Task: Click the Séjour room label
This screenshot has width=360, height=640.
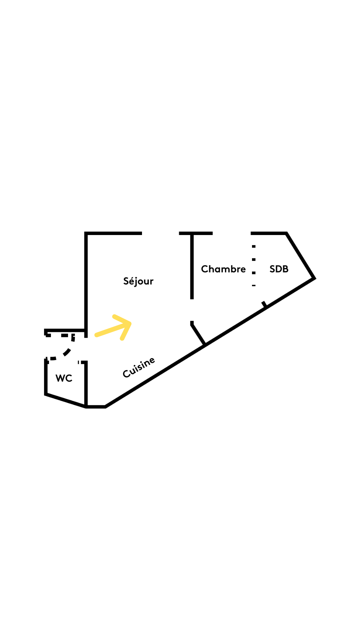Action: pos(138,281)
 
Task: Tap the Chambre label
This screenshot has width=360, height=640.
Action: pos(223,269)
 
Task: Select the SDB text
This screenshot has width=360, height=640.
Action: pos(279,269)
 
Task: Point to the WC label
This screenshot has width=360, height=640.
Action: pos(64,378)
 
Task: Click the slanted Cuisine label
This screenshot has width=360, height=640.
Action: pos(139,367)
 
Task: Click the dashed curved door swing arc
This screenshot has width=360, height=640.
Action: pos(67,352)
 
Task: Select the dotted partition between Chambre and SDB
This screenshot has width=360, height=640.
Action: pos(254,266)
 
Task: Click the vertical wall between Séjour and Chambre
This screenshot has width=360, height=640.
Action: pos(192,267)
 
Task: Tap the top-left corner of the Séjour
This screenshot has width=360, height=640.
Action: pos(86,233)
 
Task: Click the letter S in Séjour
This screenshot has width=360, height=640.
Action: pos(126,281)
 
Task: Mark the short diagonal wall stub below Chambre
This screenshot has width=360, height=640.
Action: pos(198,333)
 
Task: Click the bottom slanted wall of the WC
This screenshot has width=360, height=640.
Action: pos(65,400)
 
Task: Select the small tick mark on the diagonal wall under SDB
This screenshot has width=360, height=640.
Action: pos(264,304)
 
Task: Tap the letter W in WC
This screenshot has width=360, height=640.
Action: pos(60,378)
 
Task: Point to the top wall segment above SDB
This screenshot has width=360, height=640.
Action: pos(269,233)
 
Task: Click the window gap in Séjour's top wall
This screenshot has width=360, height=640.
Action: pos(160,233)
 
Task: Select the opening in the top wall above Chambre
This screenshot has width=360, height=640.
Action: pos(232,233)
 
